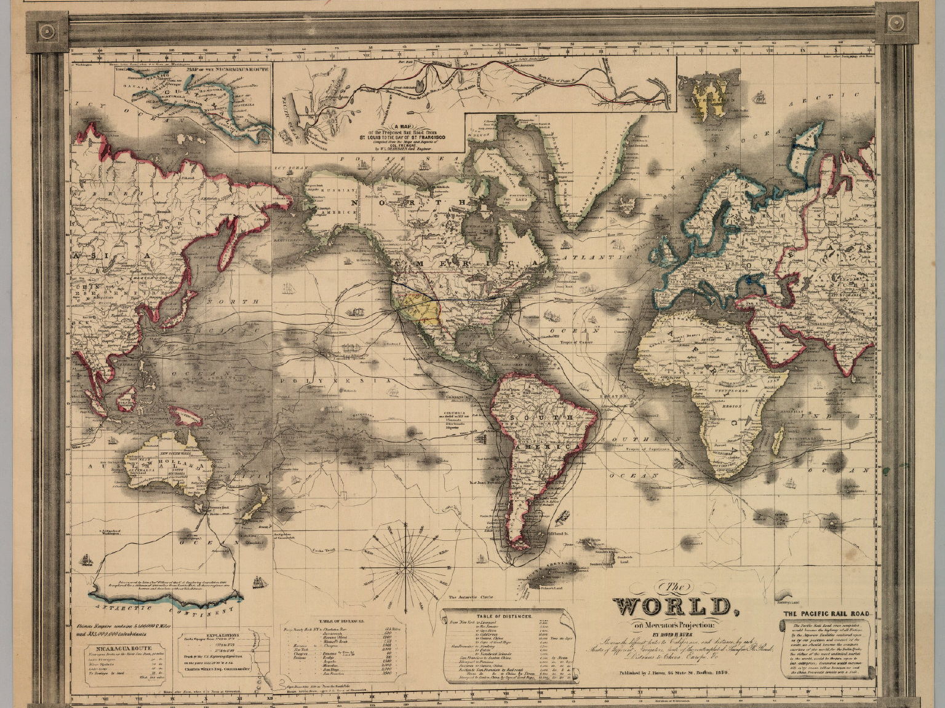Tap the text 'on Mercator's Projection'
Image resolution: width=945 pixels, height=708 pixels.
coord(677,626)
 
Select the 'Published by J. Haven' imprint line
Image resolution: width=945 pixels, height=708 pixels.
coord(677,673)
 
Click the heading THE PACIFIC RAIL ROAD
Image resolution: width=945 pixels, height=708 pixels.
coord(825,613)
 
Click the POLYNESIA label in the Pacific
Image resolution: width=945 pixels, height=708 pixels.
coord(334,381)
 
